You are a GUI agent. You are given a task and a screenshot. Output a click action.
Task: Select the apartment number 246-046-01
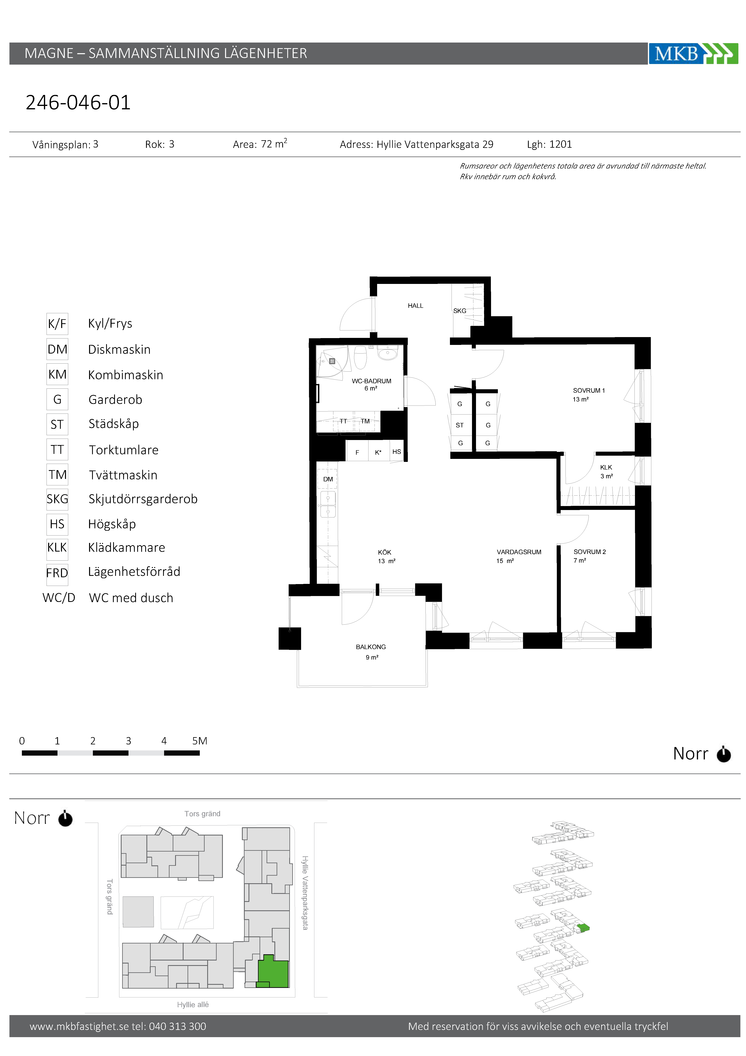point(78,103)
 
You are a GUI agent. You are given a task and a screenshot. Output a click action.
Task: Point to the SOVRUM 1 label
point(589,390)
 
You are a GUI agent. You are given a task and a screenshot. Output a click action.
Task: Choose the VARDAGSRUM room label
point(519,552)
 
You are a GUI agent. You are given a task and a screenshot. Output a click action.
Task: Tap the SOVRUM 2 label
point(590,552)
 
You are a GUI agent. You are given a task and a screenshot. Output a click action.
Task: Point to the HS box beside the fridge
point(396,452)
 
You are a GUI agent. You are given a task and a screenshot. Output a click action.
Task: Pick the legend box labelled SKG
point(58,499)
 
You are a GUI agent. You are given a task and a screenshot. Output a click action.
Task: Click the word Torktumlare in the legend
point(124,450)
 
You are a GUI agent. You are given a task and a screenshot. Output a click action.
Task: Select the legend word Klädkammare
point(127,547)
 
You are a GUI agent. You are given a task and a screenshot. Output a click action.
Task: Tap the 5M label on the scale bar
point(200,741)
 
